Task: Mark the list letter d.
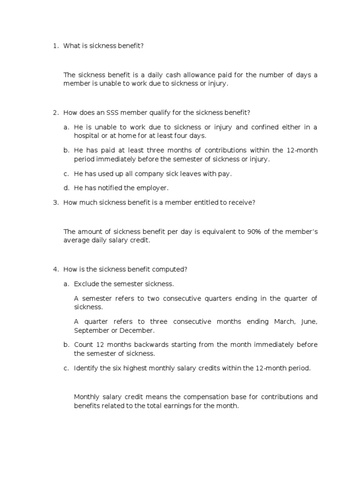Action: point(66,188)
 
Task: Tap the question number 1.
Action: point(54,46)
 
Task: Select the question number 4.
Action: point(54,269)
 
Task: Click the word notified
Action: point(106,188)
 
